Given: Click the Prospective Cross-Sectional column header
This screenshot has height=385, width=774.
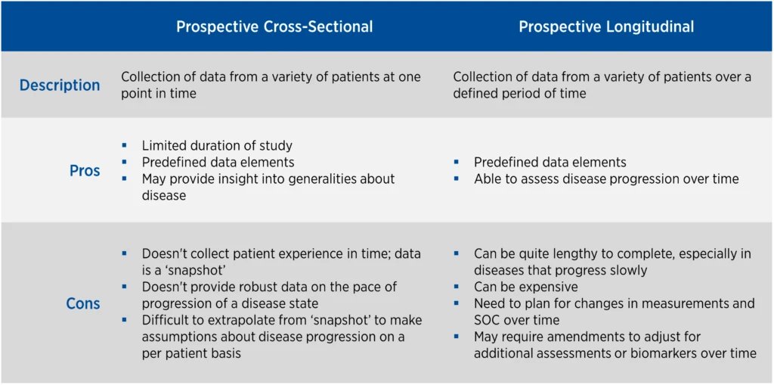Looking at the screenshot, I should pos(274,26).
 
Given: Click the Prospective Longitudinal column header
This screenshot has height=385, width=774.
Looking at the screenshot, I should pos(606,26).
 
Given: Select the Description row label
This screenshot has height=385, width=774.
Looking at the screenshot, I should pos(60,85).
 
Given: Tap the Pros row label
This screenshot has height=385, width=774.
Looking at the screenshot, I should pos(85,171).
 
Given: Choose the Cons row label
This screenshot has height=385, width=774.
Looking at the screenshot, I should pos(82,303).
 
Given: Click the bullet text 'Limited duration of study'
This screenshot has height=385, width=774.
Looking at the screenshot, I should pos(217,145).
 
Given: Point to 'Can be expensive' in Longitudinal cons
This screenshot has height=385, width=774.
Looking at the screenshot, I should pos(525,287).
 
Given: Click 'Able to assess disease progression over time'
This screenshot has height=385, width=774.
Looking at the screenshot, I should pos(606,179).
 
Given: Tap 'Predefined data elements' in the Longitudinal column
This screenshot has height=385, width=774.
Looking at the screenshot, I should pos(550,163).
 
